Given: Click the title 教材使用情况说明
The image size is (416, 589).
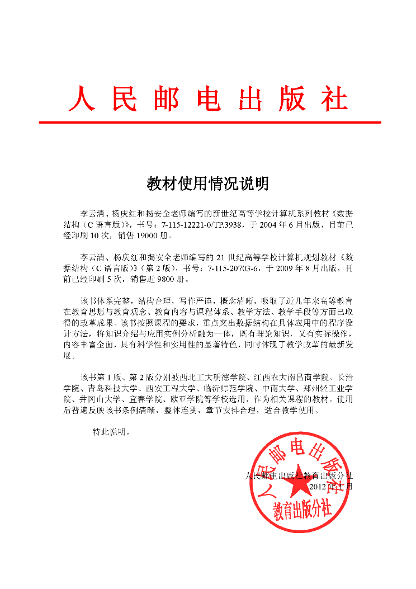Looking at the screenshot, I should pos(208,183).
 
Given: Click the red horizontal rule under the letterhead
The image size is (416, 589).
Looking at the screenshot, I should pos(210,122).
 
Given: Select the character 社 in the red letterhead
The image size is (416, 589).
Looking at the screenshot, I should pos(334,100).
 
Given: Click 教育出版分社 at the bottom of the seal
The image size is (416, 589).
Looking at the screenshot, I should pos(302,510).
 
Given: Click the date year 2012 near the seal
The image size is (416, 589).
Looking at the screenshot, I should pos(319,486).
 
